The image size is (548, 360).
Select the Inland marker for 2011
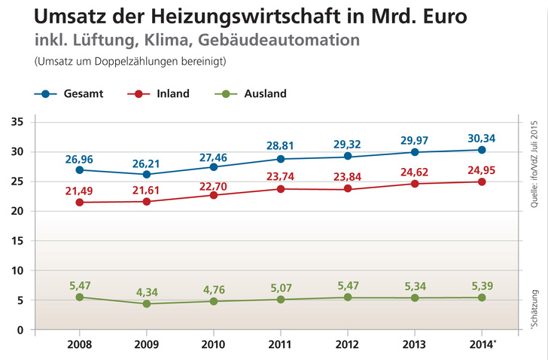point(281,189)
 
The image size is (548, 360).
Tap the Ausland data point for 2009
point(147,304)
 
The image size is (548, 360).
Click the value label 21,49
point(79,187)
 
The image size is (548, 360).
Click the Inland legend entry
point(159,94)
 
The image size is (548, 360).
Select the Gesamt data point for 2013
point(415,152)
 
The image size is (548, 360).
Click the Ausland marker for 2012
point(348,297)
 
